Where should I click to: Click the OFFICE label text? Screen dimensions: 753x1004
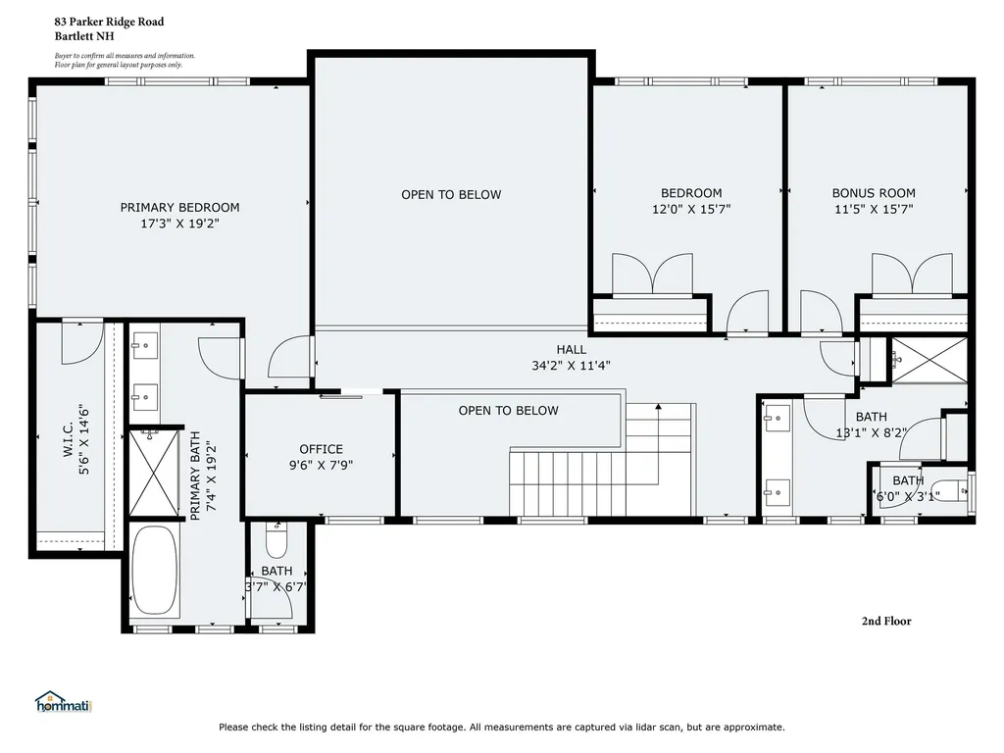coord(321,449)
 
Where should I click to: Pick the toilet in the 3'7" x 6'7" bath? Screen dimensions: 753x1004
coord(276,542)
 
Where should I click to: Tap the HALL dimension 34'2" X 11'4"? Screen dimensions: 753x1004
coord(571,366)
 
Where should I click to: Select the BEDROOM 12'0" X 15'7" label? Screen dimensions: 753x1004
coord(691,201)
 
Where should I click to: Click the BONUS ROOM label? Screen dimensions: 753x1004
coord(874,201)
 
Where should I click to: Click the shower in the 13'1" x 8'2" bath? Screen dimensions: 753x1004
coord(928,360)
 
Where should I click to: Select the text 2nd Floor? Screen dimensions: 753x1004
coord(885,621)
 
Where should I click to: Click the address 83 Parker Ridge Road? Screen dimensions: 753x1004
coord(109,22)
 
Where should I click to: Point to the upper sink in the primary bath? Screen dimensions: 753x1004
coord(145,344)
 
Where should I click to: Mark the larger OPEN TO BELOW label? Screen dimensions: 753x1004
coord(451,194)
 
